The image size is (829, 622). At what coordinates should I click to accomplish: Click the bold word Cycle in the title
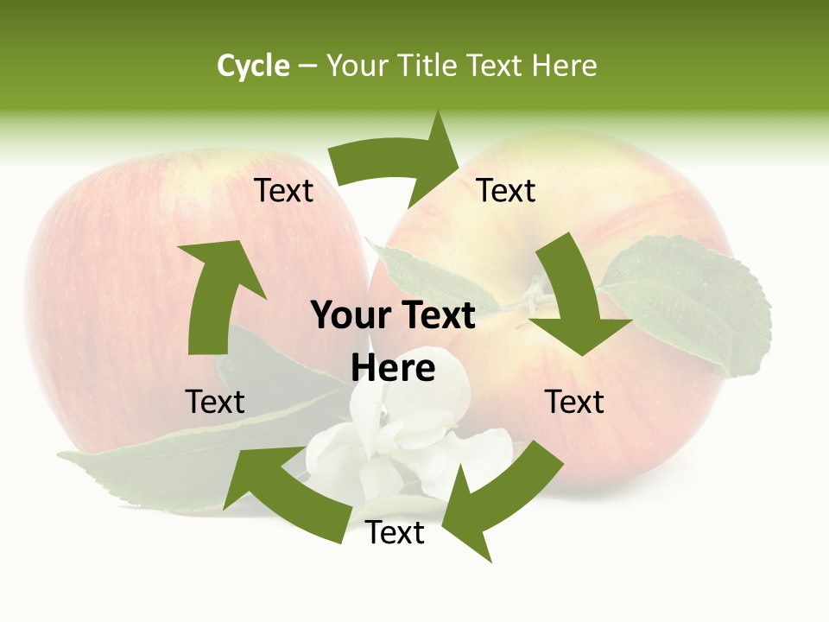(x=253, y=66)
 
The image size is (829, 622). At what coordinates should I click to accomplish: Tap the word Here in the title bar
(x=563, y=66)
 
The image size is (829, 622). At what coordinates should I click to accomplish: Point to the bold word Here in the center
(x=393, y=369)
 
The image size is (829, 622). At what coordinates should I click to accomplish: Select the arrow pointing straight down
(x=573, y=302)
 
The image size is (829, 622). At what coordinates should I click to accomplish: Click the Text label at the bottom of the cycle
(x=395, y=532)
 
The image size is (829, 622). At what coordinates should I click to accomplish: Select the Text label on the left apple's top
(x=283, y=190)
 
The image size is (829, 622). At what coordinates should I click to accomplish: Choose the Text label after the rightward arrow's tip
(x=506, y=190)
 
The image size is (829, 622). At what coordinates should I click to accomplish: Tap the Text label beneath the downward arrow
(x=574, y=402)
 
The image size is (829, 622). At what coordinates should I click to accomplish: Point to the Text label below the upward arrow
(x=215, y=402)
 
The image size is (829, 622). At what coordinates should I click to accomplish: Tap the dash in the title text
(x=307, y=67)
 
